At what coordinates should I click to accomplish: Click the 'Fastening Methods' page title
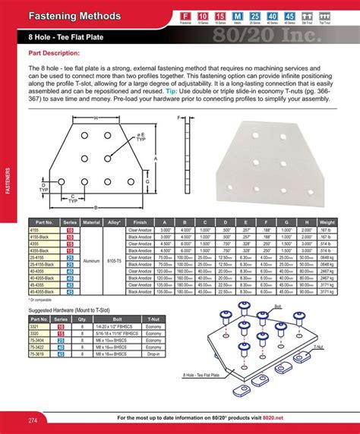coord(74,16)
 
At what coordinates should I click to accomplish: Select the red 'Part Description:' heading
coord(54,53)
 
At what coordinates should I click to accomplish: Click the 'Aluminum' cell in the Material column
coord(91,259)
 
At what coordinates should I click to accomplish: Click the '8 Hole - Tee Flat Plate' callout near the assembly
coord(201,374)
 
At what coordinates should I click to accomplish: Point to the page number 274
coord(33,420)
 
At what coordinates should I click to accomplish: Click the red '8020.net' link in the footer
coord(284,419)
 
